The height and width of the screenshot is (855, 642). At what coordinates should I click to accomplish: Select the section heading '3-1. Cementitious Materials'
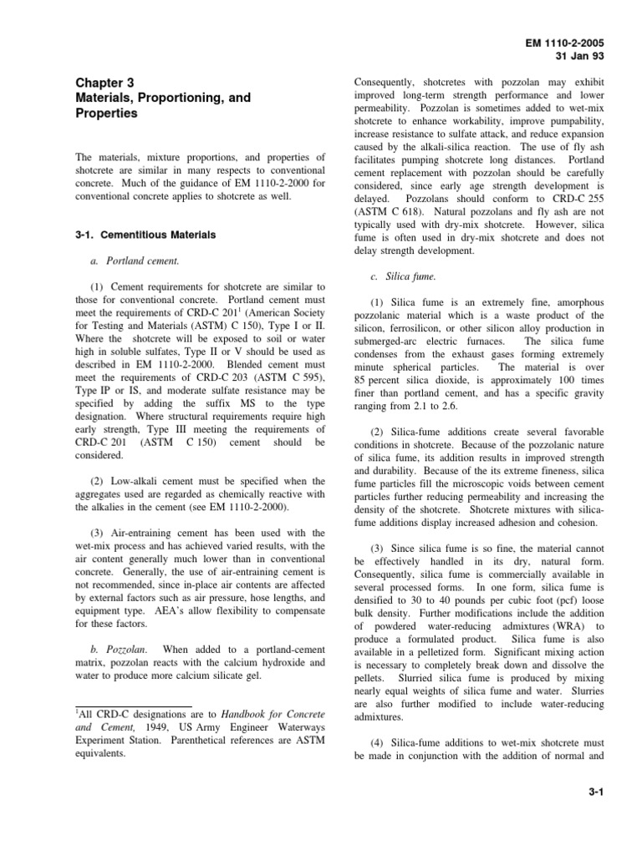(x=145, y=235)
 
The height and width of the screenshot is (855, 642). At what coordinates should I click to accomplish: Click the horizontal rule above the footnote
(x=134, y=706)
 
